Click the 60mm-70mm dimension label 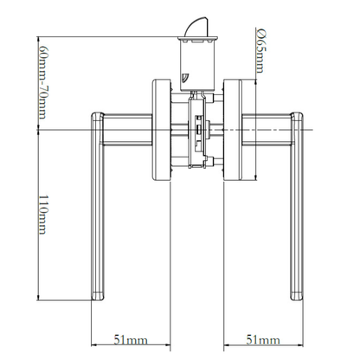pyautogui.click(x=42, y=82)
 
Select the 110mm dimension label pyautogui.click(x=42, y=215)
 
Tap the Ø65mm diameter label pyautogui.click(x=261, y=51)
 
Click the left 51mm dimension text pyautogui.click(x=131, y=340)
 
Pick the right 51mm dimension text pyautogui.click(x=263, y=340)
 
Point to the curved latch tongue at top pyautogui.click(x=196, y=27)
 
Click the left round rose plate pyautogui.click(x=162, y=130)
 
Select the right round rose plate pyautogui.click(x=233, y=130)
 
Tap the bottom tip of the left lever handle pyautogui.click(x=98, y=300)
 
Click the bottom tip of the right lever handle pyautogui.click(x=297, y=300)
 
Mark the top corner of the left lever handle pyautogui.click(x=93, y=113)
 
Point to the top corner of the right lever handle pyautogui.click(x=301, y=113)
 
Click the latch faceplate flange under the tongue pyautogui.click(x=197, y=38)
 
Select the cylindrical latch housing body pyautogui.click(x=197, y=66)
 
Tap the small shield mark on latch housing pyautogui.click(x=183, y=78)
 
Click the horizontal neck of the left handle pyautogui.click(x=128, y=130)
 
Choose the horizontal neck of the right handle pyautogui.click(x=267, y=130)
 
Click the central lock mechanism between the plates pyautogui.click(x=197, y=132)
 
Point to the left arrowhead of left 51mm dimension pyautogui.click(x=93, y=344)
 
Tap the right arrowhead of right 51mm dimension pyautogui.click(x=301, y=344)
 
